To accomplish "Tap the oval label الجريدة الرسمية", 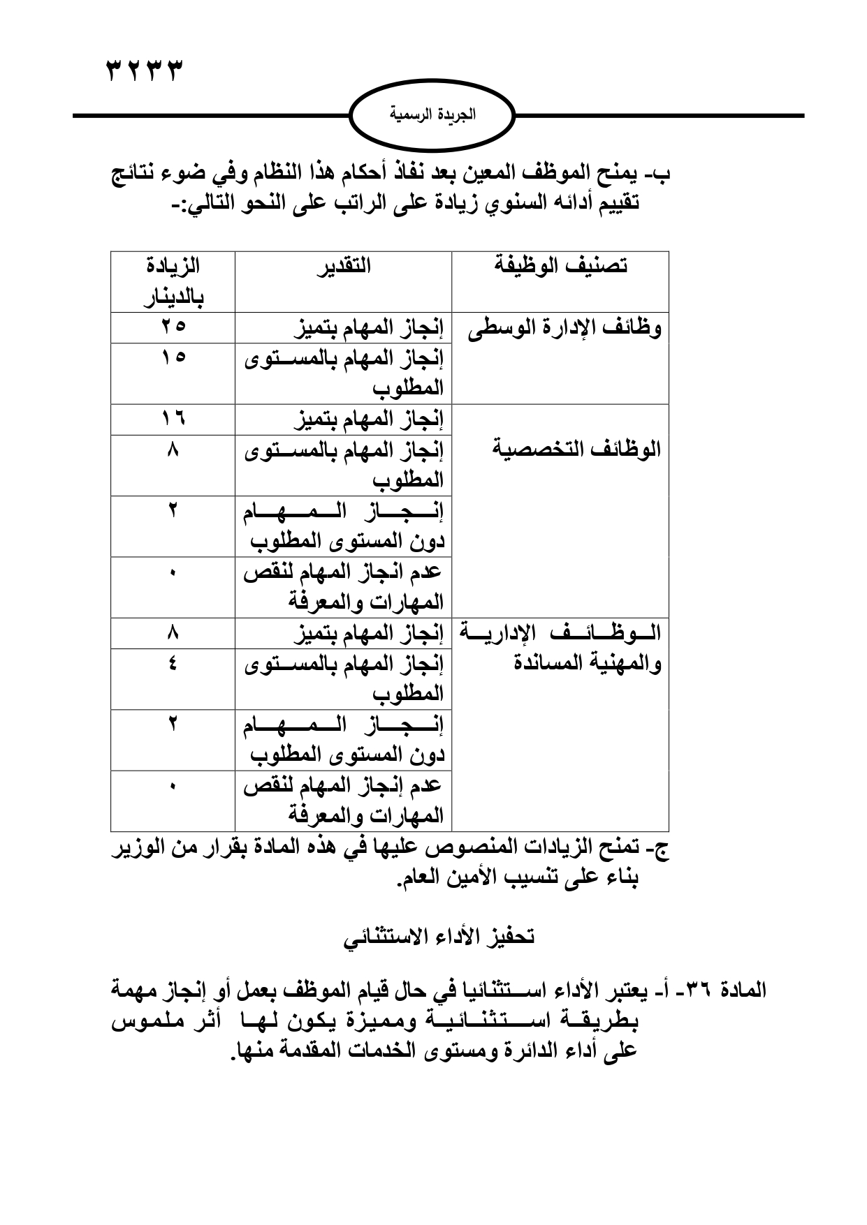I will coord(432,114).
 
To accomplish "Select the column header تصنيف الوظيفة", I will coord(560,266).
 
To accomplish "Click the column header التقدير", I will coord(344,266).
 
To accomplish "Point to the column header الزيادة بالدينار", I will coord(173,281).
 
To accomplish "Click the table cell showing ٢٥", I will coord(173,326).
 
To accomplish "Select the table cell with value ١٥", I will coord(173,357).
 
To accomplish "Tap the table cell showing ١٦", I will coord(173,419).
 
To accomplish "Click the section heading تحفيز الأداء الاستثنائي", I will coord(439,937).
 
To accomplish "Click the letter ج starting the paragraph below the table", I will coord(660,850).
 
